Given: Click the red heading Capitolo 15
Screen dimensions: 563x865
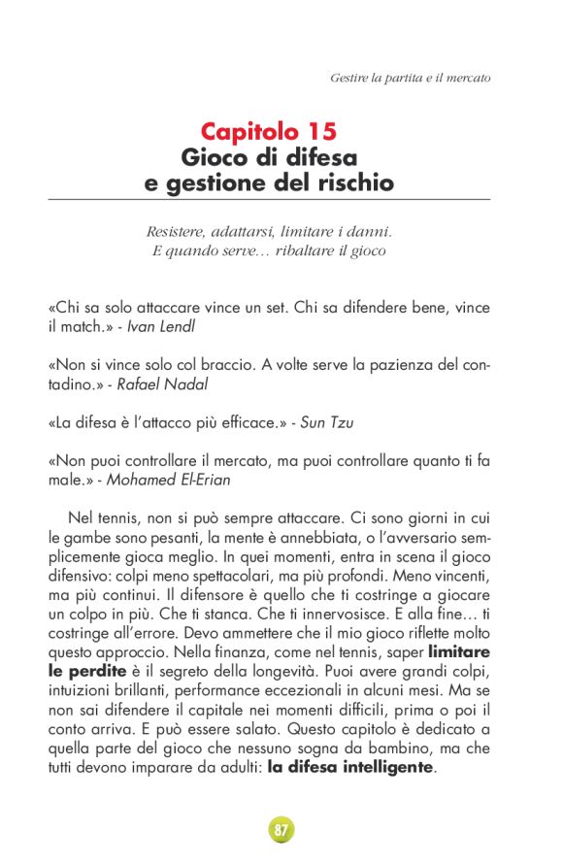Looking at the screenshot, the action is (x=269, y=131).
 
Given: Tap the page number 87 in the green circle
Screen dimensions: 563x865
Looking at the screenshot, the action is (x=281, y=830).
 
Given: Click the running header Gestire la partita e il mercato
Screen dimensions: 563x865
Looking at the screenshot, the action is (x=410, y=77).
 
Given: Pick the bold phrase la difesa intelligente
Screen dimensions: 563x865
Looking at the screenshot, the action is (x=352, y=767).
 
